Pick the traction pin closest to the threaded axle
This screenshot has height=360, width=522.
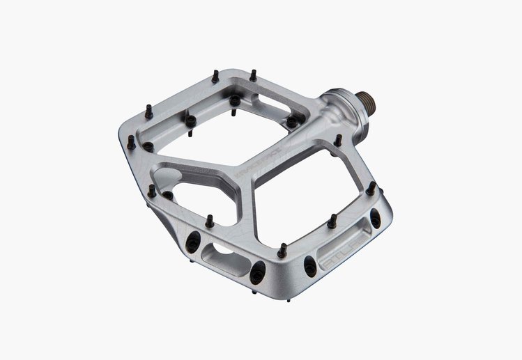[338, 140]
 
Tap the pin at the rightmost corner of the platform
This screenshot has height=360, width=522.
[371, 187]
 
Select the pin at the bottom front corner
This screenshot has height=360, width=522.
[282, 250]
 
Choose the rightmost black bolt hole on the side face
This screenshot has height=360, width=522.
[375, 218]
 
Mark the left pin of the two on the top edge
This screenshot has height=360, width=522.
[215, 75]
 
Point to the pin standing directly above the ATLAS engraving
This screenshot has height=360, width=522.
[332, 221]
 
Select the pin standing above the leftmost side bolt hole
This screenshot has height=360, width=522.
[209, 221]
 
